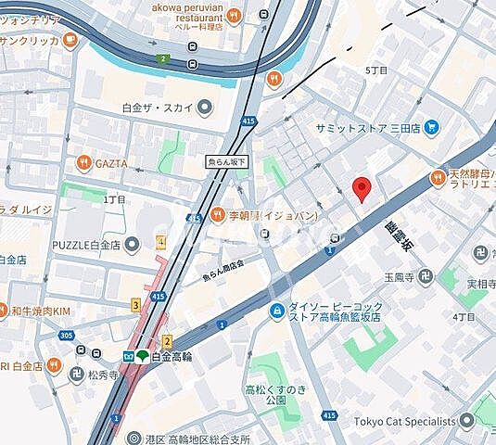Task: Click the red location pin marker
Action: tap(363, 188)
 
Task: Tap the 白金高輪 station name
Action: tap(173, 357)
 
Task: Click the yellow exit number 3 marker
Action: tap(136, 304)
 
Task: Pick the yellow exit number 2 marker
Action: tap(167, 342)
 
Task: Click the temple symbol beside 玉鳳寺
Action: tap(425, 276)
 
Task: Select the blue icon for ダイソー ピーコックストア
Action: tap(275, 313)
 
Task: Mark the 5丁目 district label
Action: tap(376, 70)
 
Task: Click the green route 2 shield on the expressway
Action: tap(164, 57)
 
